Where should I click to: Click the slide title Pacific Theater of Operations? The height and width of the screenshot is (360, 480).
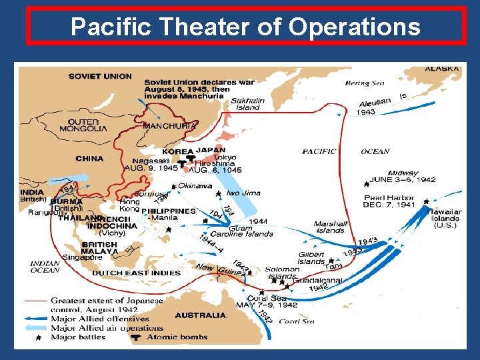coord(245,27)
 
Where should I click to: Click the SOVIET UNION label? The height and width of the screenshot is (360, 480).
coord(99,76)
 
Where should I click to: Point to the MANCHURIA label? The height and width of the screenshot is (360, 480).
coord(170,125)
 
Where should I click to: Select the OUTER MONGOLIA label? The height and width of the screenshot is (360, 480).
coord(83,125)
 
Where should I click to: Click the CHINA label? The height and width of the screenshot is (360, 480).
coord(89,159)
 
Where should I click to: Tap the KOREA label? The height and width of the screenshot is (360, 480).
coord(177,152)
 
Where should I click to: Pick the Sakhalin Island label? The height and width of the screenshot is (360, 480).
coord(248,104)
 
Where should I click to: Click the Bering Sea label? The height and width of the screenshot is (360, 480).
coord(365,83)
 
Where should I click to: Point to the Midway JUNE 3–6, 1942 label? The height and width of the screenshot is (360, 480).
coord(404,177)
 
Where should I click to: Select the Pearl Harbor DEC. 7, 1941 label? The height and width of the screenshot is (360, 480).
coord(389,201)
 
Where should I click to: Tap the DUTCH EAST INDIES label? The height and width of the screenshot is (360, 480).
coord(137,273)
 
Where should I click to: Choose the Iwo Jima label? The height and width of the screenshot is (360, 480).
coord(243,193)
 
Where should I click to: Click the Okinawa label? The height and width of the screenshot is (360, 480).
coord(195,185)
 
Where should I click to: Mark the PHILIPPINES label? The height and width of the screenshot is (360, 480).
coord(169,211)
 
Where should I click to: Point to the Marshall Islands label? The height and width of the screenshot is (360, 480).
coord(329,227)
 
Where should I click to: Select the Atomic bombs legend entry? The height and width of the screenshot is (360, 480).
coord(172,337)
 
